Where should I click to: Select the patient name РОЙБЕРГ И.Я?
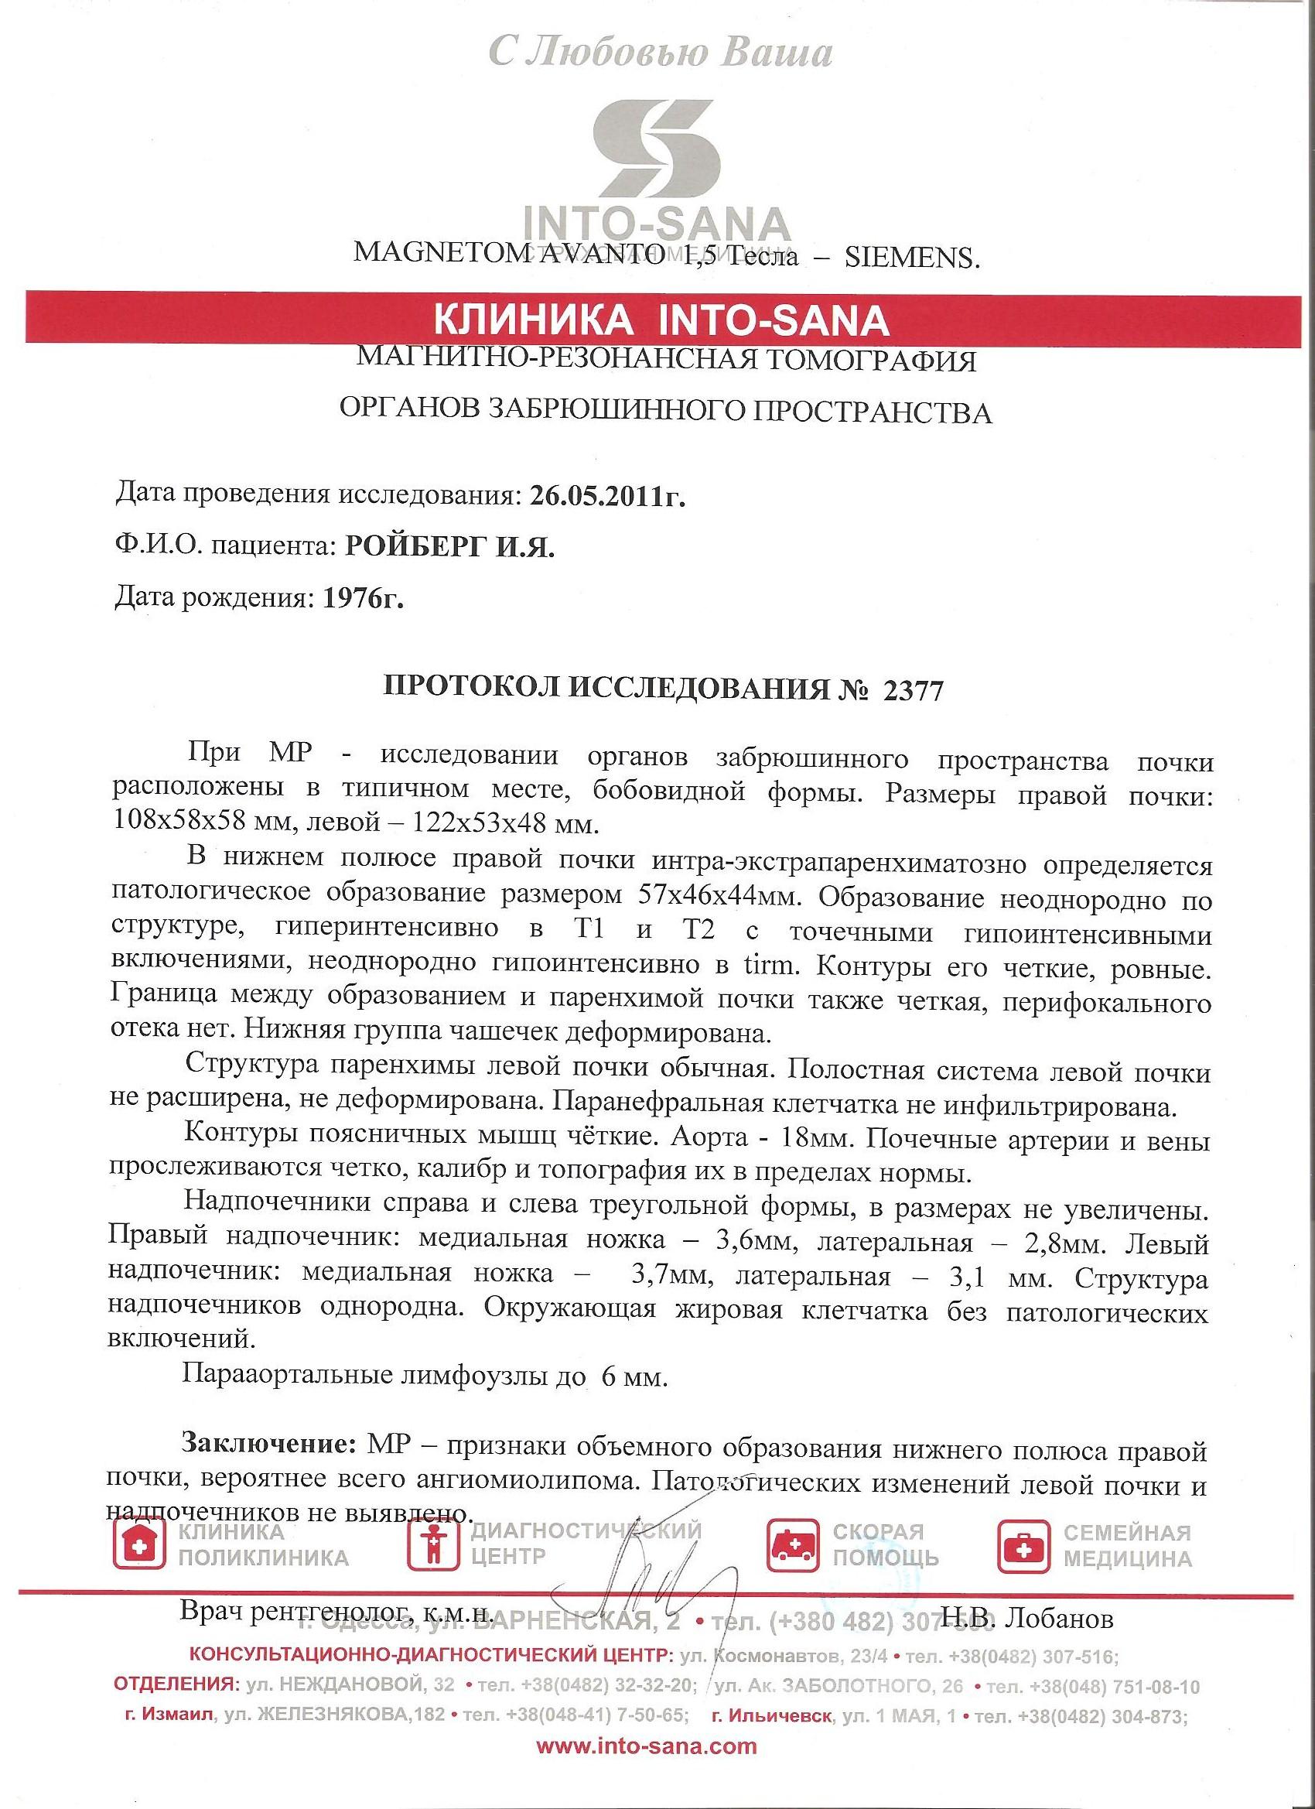point(448,547)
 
